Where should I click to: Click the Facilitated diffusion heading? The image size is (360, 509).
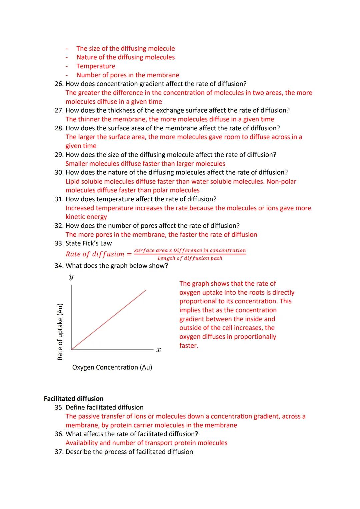pos(74,399)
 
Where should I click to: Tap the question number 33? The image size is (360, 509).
pos(59,243)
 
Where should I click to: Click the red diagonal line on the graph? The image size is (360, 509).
pos(109,319)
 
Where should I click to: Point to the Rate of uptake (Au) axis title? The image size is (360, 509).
pos(60,332)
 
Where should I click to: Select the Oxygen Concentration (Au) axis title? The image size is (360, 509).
pos(112,367)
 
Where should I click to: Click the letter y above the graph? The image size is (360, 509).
pos(71,277)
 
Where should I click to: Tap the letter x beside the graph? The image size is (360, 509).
pos(158,350)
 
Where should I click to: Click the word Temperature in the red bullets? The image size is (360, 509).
pos(96,66)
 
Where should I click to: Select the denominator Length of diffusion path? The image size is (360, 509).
pos(190,258)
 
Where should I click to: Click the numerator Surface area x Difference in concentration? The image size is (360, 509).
pos(190,250)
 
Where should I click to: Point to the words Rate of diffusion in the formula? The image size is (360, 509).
pos(95,254)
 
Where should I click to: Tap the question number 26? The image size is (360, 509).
pos(59,84)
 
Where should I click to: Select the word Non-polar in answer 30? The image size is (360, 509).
pos(281,182)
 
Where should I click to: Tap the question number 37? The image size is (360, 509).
pos(59,452)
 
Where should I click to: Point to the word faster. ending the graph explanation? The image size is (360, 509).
pos(189,346)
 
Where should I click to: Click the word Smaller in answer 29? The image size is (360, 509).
pos(77,164)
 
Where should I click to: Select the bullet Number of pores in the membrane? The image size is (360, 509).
pos(128,75)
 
